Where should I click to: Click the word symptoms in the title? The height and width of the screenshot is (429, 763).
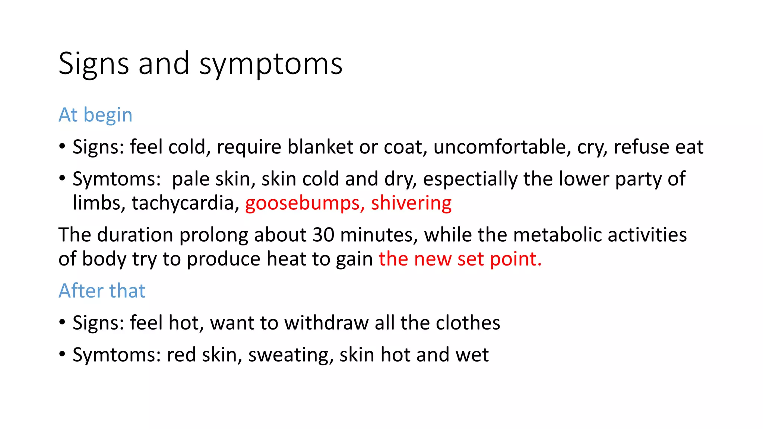(x=270, y=64)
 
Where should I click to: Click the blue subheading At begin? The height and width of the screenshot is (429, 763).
(x=95, y=115)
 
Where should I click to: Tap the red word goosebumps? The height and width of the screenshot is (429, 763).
(x=303, y=203)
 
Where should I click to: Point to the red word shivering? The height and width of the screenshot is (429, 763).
(x=411, y=203)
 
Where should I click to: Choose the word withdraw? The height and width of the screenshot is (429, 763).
(x=326, y=322)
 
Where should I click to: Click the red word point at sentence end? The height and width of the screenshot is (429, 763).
(x=515, y=259)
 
